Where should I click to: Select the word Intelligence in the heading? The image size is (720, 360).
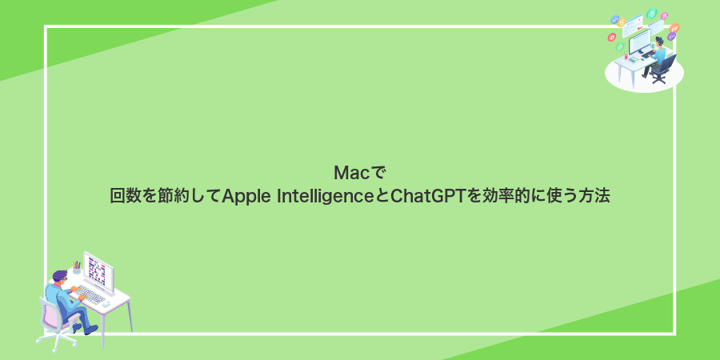326,195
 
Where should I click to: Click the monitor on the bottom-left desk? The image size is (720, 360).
98,270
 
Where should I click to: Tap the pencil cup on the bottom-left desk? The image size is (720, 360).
77,267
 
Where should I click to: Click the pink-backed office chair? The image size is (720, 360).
50,315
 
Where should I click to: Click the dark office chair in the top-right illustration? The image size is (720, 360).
666,66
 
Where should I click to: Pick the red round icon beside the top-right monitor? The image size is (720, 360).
612,38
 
